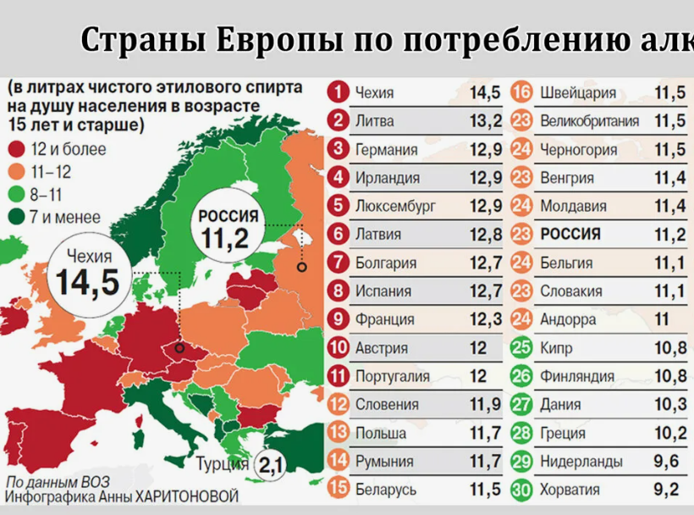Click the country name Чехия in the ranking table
tap(374, 93)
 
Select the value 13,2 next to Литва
tap(485, 121)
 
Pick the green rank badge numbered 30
tap(522, 489)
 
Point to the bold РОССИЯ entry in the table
tap(570, 235)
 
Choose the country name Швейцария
tap(577, 93)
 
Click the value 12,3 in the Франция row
tap(485, 319)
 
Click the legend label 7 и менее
tap(65, 218)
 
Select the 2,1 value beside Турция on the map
tap(270, 464)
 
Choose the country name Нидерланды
tap(581, 461)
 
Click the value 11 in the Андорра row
tap(662, 319)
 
